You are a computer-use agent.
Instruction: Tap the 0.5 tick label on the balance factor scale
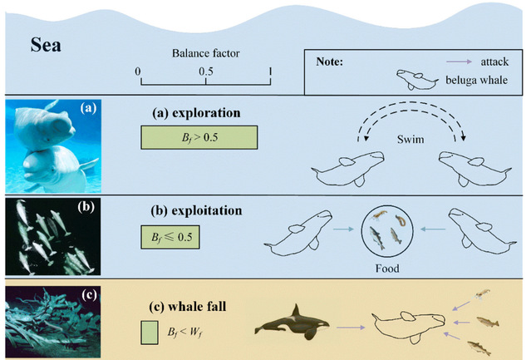point(204,72)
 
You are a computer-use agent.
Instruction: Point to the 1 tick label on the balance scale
point(269,72)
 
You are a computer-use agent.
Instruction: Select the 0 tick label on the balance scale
point(140,72)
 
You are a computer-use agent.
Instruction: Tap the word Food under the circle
point(386,269)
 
